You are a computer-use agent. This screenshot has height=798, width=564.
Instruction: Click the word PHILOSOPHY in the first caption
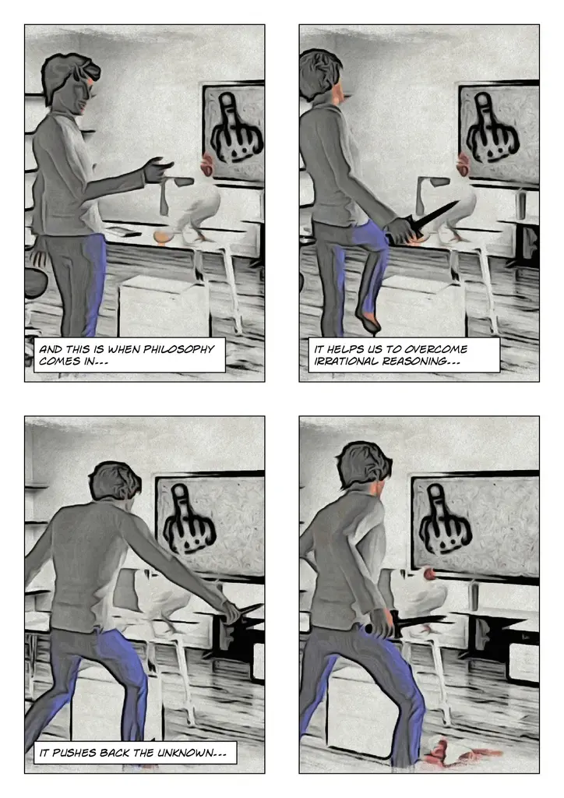click(x=178, y=349)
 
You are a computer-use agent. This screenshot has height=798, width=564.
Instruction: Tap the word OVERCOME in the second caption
click(x=435, y=349)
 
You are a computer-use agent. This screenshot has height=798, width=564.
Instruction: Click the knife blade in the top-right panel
click(x=438, y=214)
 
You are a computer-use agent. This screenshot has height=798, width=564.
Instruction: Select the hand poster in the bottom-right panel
click(x=475, y=526)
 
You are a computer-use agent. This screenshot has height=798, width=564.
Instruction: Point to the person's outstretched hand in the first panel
click(x=157, y=169)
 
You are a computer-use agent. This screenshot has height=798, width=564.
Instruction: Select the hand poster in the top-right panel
click(x=499, y=134)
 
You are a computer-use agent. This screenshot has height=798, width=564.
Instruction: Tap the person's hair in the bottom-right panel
click(x=363, y=464)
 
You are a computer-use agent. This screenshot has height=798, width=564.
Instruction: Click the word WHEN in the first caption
click(x=124, y=349)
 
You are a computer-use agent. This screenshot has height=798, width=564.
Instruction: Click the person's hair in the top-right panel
click(x=319, y=74)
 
